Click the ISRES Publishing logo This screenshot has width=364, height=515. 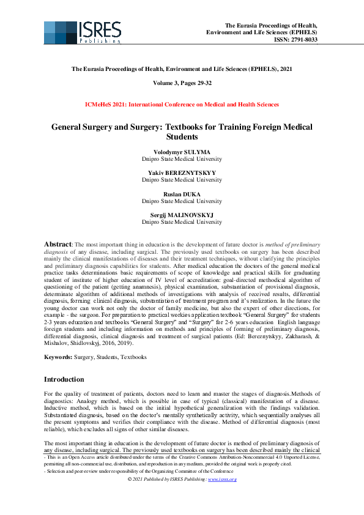click(x=82, y=32)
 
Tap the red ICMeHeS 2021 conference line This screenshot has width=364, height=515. click(x=182, y=105)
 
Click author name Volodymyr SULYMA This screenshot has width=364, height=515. click(x=182, y=151)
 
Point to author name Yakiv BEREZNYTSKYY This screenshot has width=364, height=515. click(x=182, y=172)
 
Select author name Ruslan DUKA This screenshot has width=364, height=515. click(x=182, y=194)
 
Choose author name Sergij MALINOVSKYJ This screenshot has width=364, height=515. click(x=182, y=215)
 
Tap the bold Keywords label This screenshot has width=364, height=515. click(x=59, y=356)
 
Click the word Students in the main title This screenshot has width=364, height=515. click(x=182, y=138)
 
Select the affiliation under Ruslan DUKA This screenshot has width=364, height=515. click(x=182, y=201)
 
